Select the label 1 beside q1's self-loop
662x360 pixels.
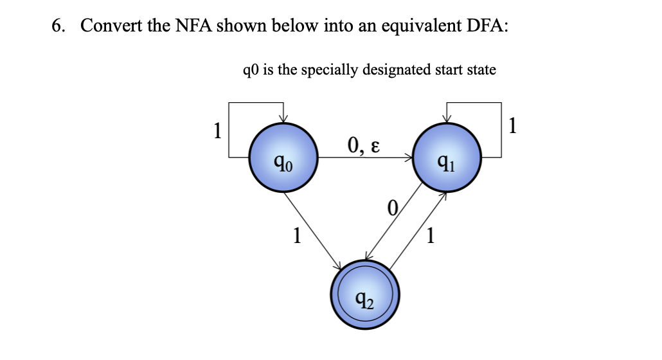pos(512,125)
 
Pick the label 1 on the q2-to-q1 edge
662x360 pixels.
pos(431,237)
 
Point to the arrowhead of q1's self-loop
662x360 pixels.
pos(448,118)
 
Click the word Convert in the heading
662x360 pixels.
pos(107,26)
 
